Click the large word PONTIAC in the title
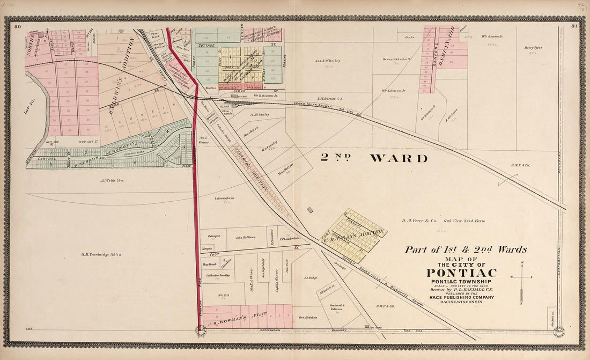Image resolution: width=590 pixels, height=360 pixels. (x=461, y=273)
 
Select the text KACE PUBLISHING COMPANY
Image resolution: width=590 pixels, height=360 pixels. (x=461, y=297)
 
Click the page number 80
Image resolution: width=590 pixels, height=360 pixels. (x=18, y=26)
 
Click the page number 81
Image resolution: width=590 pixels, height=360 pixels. (x=574, y=26)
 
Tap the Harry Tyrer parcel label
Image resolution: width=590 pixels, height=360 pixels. (x=533, y=48)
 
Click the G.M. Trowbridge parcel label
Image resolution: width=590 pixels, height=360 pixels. (x=101, y=254)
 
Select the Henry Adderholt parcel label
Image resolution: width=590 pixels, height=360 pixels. (x=396, y=59)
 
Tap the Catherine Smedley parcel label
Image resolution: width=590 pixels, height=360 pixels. (x=218, y=275)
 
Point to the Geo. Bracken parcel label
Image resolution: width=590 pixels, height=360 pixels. (x=308, y=317)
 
